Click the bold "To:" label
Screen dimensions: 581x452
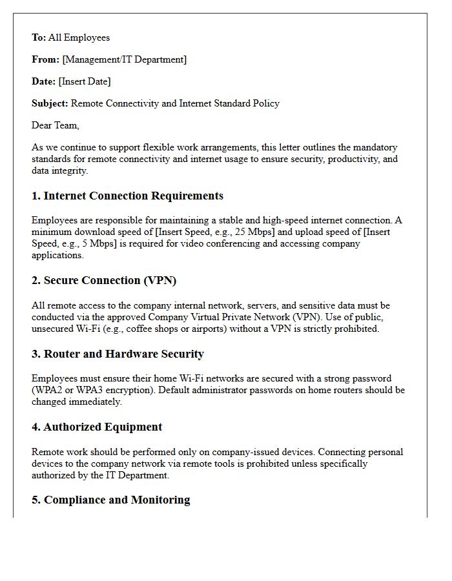39,37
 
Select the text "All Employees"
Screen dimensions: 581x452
79,37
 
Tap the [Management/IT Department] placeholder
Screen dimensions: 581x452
124,59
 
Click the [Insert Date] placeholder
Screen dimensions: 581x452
84,81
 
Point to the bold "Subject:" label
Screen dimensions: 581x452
50,103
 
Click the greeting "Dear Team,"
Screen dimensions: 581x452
56,125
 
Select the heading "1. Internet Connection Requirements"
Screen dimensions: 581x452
127,196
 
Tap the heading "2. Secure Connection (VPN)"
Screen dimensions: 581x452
104,281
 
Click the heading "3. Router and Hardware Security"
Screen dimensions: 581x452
118,354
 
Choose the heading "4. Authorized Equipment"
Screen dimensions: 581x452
97,427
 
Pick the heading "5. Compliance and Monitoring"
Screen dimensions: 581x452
110,500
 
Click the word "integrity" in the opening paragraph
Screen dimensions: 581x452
70,170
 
